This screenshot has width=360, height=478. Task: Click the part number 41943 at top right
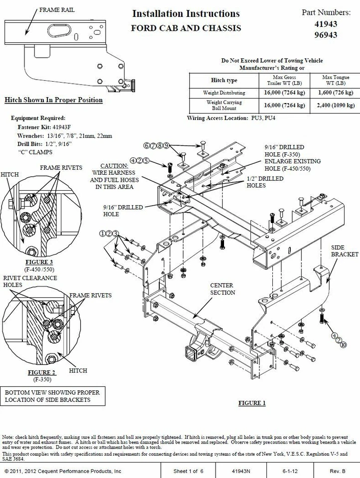coord(326,24)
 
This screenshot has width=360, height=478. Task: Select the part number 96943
coord(326,35)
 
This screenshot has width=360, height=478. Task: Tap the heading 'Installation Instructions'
coord(186,14)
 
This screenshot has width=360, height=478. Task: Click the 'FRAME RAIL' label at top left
coord(57,10)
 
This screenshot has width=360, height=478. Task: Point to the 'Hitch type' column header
coord(224,80)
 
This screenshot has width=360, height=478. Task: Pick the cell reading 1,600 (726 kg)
coord(335,93)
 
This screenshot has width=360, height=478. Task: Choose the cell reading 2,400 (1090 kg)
coord(335,106)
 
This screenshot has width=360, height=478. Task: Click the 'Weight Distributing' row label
coord(224,93)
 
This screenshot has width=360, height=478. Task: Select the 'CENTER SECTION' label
coord(222,289)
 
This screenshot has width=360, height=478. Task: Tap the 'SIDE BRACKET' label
coord(345,250)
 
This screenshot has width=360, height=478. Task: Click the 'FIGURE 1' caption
coord(252,403)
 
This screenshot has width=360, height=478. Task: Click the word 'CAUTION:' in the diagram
coord(114,166)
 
